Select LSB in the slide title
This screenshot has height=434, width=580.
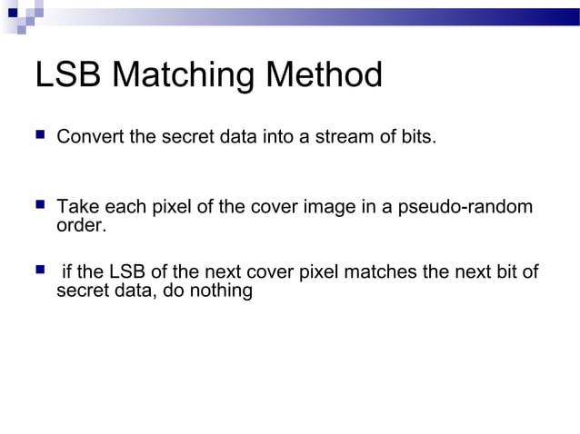[x=69, y=76]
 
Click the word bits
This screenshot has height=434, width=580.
[x=417, y=137]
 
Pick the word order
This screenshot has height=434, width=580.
[x=81, y=225]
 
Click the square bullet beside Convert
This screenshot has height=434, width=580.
[x=39, y=136]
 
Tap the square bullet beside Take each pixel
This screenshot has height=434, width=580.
[x=39, y=206]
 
